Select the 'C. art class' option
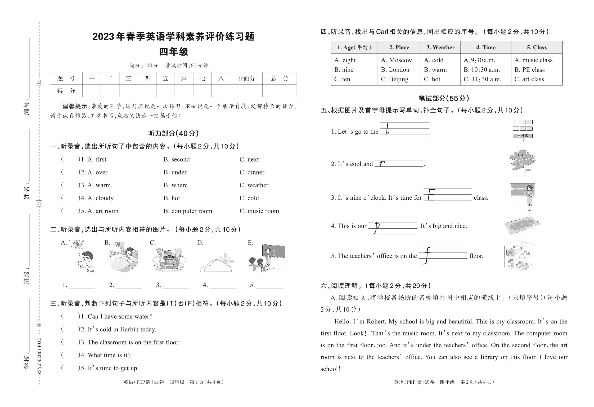point(529,79)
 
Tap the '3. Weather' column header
point(440,47)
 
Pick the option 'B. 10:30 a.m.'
point(481,70)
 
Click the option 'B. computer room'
point(188,211)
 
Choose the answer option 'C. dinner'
point(252,172)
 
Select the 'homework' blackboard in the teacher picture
point(519,189)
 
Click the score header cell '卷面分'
point(246,78)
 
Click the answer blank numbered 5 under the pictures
point(269,286)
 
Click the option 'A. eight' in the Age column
point(345,60)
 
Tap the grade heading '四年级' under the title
point(173,52)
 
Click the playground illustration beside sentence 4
point(522,226)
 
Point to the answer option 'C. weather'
point(254,185)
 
